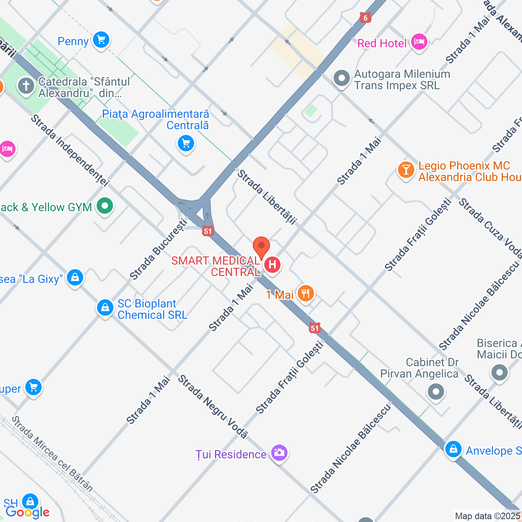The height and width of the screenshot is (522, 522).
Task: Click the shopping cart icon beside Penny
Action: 101,40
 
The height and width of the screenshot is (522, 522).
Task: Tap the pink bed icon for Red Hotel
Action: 419,42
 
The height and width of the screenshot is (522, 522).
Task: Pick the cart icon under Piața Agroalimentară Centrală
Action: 186,144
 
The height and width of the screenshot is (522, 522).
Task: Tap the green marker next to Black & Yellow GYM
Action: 105,206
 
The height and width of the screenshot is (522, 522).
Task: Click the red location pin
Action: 261,247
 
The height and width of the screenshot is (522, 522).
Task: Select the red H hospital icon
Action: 272,265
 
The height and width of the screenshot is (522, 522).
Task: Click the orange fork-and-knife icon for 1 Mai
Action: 305,293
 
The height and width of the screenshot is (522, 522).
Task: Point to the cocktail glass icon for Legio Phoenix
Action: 406,170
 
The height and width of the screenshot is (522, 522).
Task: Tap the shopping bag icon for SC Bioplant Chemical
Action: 105,307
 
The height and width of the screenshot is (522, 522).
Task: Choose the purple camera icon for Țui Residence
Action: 279,452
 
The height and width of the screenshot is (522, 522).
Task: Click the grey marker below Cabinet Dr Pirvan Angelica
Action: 436,392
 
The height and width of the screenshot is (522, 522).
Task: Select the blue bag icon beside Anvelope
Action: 453,449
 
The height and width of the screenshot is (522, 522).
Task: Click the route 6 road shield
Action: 365,18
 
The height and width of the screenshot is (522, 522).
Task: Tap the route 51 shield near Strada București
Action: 208,231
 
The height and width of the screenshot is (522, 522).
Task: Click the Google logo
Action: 27,512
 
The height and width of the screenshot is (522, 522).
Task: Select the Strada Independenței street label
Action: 70,150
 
